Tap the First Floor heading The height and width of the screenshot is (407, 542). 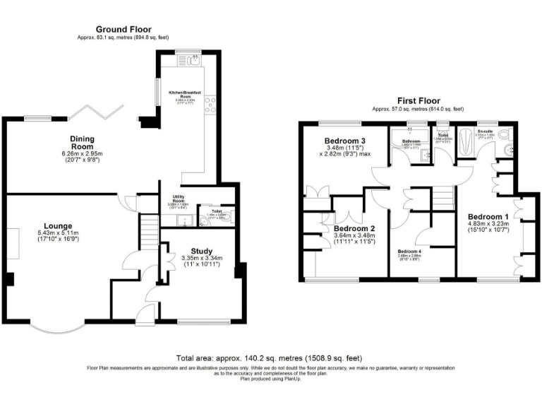[418, 102]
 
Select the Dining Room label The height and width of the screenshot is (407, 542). [83, 138]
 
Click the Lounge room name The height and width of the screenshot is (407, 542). [54, 225]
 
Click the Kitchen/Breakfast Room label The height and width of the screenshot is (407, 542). [185, 94]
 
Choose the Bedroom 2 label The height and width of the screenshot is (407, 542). [354, 229]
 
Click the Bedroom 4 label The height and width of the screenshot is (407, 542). [409, 252]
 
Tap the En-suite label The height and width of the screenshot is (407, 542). [485, 132]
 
